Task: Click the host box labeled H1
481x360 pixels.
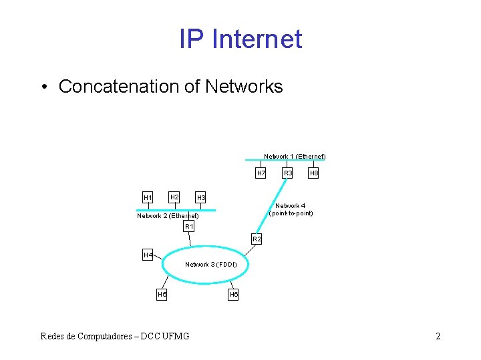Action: coord(148,197)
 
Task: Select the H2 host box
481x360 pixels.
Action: coord(174,197)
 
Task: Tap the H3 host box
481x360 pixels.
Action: coord(200,198)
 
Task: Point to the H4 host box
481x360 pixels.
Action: coord(148,255)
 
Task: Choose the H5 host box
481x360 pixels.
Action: coord(162,294)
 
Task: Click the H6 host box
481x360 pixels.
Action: coord(233,294)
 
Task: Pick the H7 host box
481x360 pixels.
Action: coord(261,173)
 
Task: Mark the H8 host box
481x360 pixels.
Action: coord(313,173)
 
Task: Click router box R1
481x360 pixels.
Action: coord(189,227)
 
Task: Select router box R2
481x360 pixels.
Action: coord(257,239)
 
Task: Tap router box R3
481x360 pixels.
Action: coord(287,173)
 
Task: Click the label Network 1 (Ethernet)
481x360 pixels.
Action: coord(295,156)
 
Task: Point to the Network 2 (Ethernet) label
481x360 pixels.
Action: coord(168,215)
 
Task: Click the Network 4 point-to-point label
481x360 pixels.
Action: coord(291,209)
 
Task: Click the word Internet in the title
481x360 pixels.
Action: coord(257,39)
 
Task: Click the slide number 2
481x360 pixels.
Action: coord(438,336)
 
